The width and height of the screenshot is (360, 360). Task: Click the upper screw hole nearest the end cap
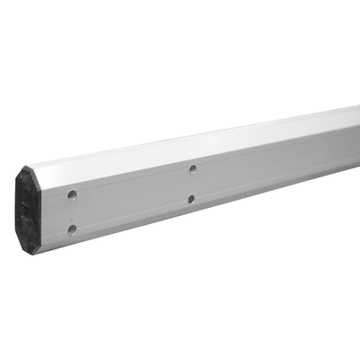click(x=72, y=194)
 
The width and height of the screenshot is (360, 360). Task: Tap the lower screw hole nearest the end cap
click(x=72, y=229)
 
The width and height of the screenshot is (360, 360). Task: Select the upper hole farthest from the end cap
click(x=193, y=168)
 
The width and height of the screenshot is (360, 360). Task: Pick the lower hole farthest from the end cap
click(x=192, y=199)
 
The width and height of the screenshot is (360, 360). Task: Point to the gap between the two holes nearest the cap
click(x=72, y=212)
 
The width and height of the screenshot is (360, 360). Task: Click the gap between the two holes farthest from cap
click(x=192, y=184)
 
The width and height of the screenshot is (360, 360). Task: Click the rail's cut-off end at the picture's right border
click(x=356, y=144)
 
